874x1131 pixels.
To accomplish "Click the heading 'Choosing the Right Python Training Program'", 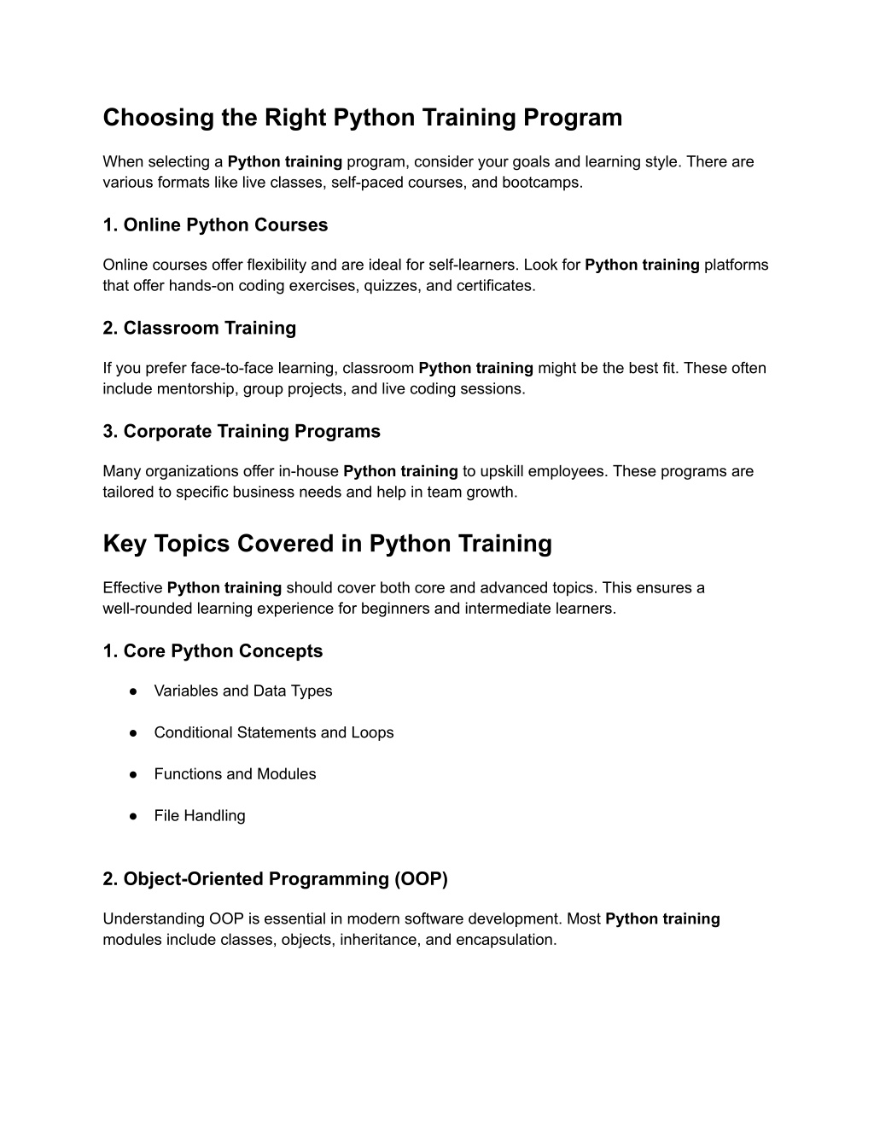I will [363, 117].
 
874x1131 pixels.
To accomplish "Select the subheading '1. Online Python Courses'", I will [215, 225].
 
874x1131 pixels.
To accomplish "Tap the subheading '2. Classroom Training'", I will [199, 329].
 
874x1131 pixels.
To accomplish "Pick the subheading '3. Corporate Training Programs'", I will [242, 431].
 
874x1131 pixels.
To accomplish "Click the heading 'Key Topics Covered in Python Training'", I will [327, 544].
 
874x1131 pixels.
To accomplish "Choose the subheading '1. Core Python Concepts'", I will [213, 651].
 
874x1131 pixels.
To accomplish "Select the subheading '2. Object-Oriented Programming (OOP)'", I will [275, 878].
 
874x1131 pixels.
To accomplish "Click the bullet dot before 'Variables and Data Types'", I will [134, 691].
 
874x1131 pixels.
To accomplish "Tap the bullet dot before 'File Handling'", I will [134, 816].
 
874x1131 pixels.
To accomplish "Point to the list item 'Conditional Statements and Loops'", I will [273, 732].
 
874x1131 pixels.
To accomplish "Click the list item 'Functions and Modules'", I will [235, 774].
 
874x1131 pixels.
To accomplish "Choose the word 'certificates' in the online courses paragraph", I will [496, 286].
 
